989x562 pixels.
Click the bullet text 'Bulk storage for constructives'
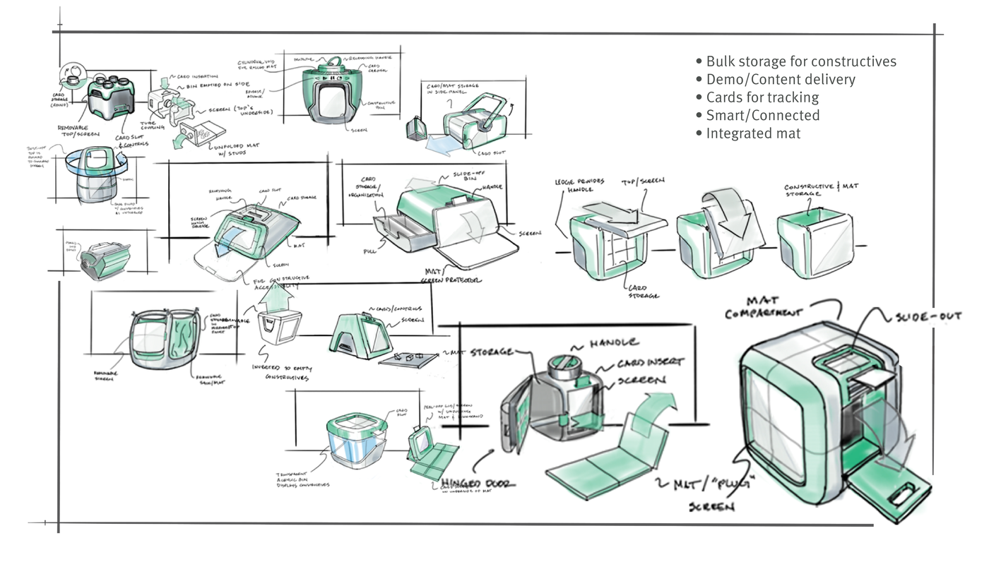pos(801,61)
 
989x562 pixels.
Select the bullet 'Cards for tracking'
pos(762,97)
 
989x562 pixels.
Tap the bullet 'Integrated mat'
pos(753,133)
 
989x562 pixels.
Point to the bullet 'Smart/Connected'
pos(763,115)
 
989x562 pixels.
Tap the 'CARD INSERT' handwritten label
pos(650,362)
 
